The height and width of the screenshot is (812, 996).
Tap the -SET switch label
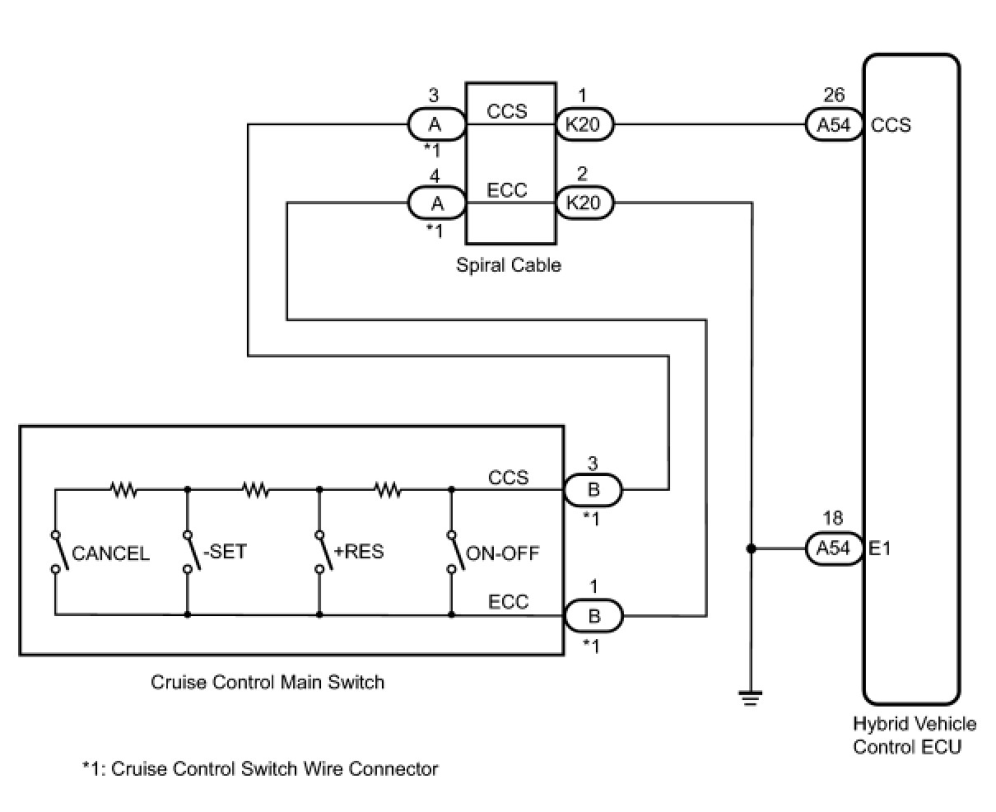224,551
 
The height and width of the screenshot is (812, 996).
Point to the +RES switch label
359,551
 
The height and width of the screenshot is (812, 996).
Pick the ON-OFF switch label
502,553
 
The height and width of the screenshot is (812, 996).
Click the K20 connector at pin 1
584,125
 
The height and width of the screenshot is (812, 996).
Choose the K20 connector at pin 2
584,203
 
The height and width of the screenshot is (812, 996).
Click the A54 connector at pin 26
833,125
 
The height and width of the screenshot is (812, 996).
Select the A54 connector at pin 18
833,548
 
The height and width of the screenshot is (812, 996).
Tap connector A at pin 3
436,125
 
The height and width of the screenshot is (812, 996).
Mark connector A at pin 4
436,203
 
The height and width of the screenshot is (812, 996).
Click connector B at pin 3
593,490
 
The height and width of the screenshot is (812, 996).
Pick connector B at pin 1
593,615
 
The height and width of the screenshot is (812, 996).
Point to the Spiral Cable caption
508,265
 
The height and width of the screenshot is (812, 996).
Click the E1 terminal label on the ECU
880,548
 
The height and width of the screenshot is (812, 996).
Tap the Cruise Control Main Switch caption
268,682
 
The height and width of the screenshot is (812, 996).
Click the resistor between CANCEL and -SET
123,490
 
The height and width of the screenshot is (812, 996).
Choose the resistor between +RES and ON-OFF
388,490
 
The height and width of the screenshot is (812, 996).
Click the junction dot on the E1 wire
750,548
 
